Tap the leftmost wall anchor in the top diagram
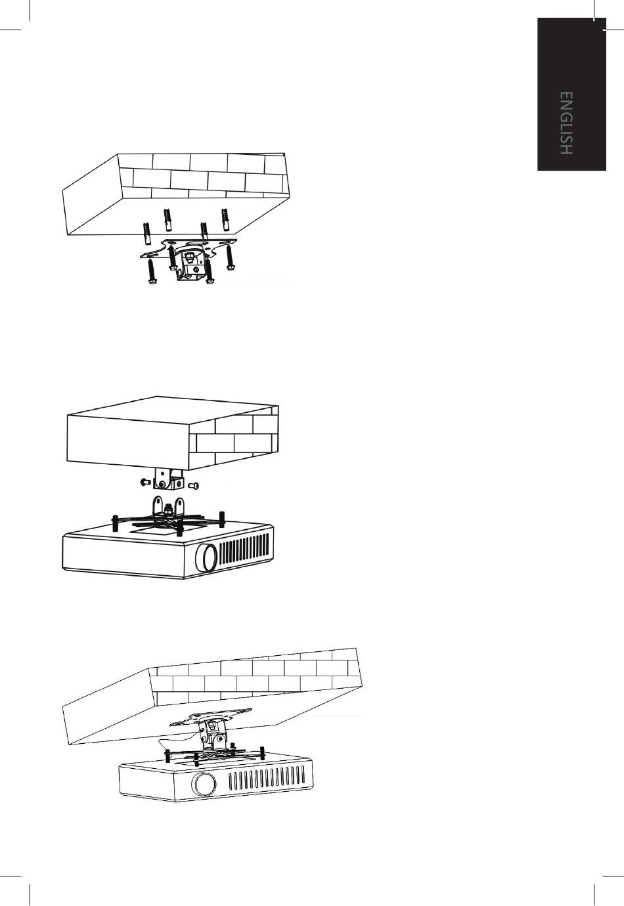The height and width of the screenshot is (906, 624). pyautogui.click(x=146, y=233)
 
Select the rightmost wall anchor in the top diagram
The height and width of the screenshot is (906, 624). pyautogui.click(x=225, y=220)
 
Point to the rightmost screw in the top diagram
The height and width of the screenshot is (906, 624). pyautogui.click(x=230, y=257)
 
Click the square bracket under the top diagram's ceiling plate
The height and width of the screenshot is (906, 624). pyautogui.click(x=190, y=265)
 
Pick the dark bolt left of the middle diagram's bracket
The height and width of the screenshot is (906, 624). pyautogui.click(x=146, y=481)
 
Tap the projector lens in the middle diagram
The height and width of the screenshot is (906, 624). pyautogui.click(x=206, y=558)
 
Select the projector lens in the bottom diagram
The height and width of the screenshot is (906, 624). pyautogui.click(x=206, y=785)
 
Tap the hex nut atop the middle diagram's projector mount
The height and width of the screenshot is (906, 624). pyautogui.click(x=167, y=507)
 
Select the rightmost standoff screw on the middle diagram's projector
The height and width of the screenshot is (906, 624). pyautogui.click(x=222, y=519)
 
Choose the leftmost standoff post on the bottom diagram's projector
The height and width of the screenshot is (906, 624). pyautogui.click(x=167, y=756)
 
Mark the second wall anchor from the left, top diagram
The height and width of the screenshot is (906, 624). pyautogui.click(x=166, y=221)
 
